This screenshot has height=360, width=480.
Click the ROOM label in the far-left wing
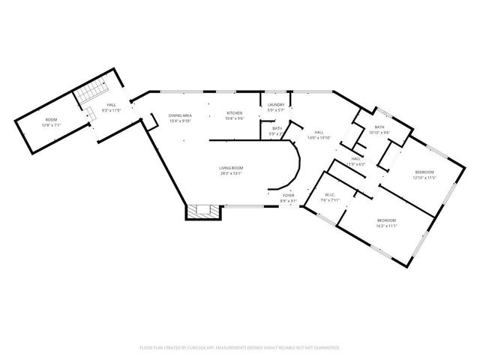(51, 119)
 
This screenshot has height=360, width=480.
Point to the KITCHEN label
(235, 113)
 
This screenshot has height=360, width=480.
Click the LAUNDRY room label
(275, 106)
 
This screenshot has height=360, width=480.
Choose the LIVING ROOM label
(229, 169)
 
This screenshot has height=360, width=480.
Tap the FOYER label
(289, 196)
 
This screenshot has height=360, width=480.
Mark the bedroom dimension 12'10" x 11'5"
(424, 178)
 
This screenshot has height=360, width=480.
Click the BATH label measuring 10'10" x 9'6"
(379, 127)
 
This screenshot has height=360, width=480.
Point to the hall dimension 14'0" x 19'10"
(319, 138)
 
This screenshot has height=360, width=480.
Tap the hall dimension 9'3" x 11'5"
(111, 110)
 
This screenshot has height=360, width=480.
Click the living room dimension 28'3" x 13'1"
(229, 174)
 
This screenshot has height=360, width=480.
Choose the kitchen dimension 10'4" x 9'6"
(235, 118)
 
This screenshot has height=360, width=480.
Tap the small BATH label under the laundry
(277, 128)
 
